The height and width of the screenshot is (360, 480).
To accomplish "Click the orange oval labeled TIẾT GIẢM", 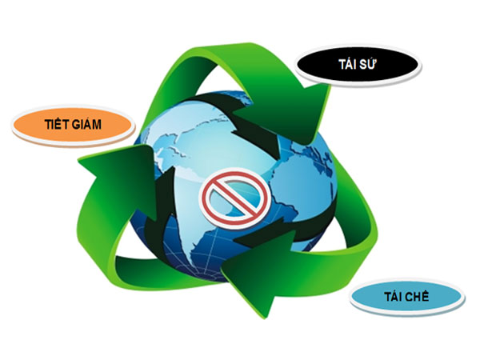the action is [73, 125].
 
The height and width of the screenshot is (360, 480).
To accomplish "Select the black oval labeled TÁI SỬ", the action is [358, 65].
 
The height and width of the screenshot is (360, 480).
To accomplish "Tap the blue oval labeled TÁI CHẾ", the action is [406, 296].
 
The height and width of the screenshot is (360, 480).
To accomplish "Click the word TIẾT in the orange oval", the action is [54, 124].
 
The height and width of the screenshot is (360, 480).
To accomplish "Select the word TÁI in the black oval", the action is [347, 64].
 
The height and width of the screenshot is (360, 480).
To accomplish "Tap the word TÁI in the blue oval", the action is [393, 296].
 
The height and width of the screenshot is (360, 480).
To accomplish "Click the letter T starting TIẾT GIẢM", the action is [48, 124].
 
